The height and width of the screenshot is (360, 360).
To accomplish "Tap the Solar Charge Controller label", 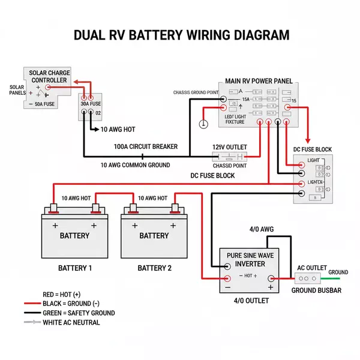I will pyautogui.click(x=49, y=76).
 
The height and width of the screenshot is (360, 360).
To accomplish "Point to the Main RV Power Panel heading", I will pyautogui.click(x=259, y=80).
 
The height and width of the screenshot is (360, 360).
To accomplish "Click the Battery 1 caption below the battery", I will pyautogui.click(x=74, y=268).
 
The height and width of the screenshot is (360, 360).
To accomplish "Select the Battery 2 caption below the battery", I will pyautogui.click(x=154, y=268).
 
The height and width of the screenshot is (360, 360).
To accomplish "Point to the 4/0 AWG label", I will pyautogui.click(x=261, y=230).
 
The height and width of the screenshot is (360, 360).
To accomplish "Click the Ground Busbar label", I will pyautogui.click(x=316, y=290).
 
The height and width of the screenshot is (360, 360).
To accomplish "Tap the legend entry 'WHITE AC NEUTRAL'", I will pyautogui.click(x=71, y=322).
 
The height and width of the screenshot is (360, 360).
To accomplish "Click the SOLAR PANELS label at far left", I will pyautogui.click(x=17, y=90).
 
